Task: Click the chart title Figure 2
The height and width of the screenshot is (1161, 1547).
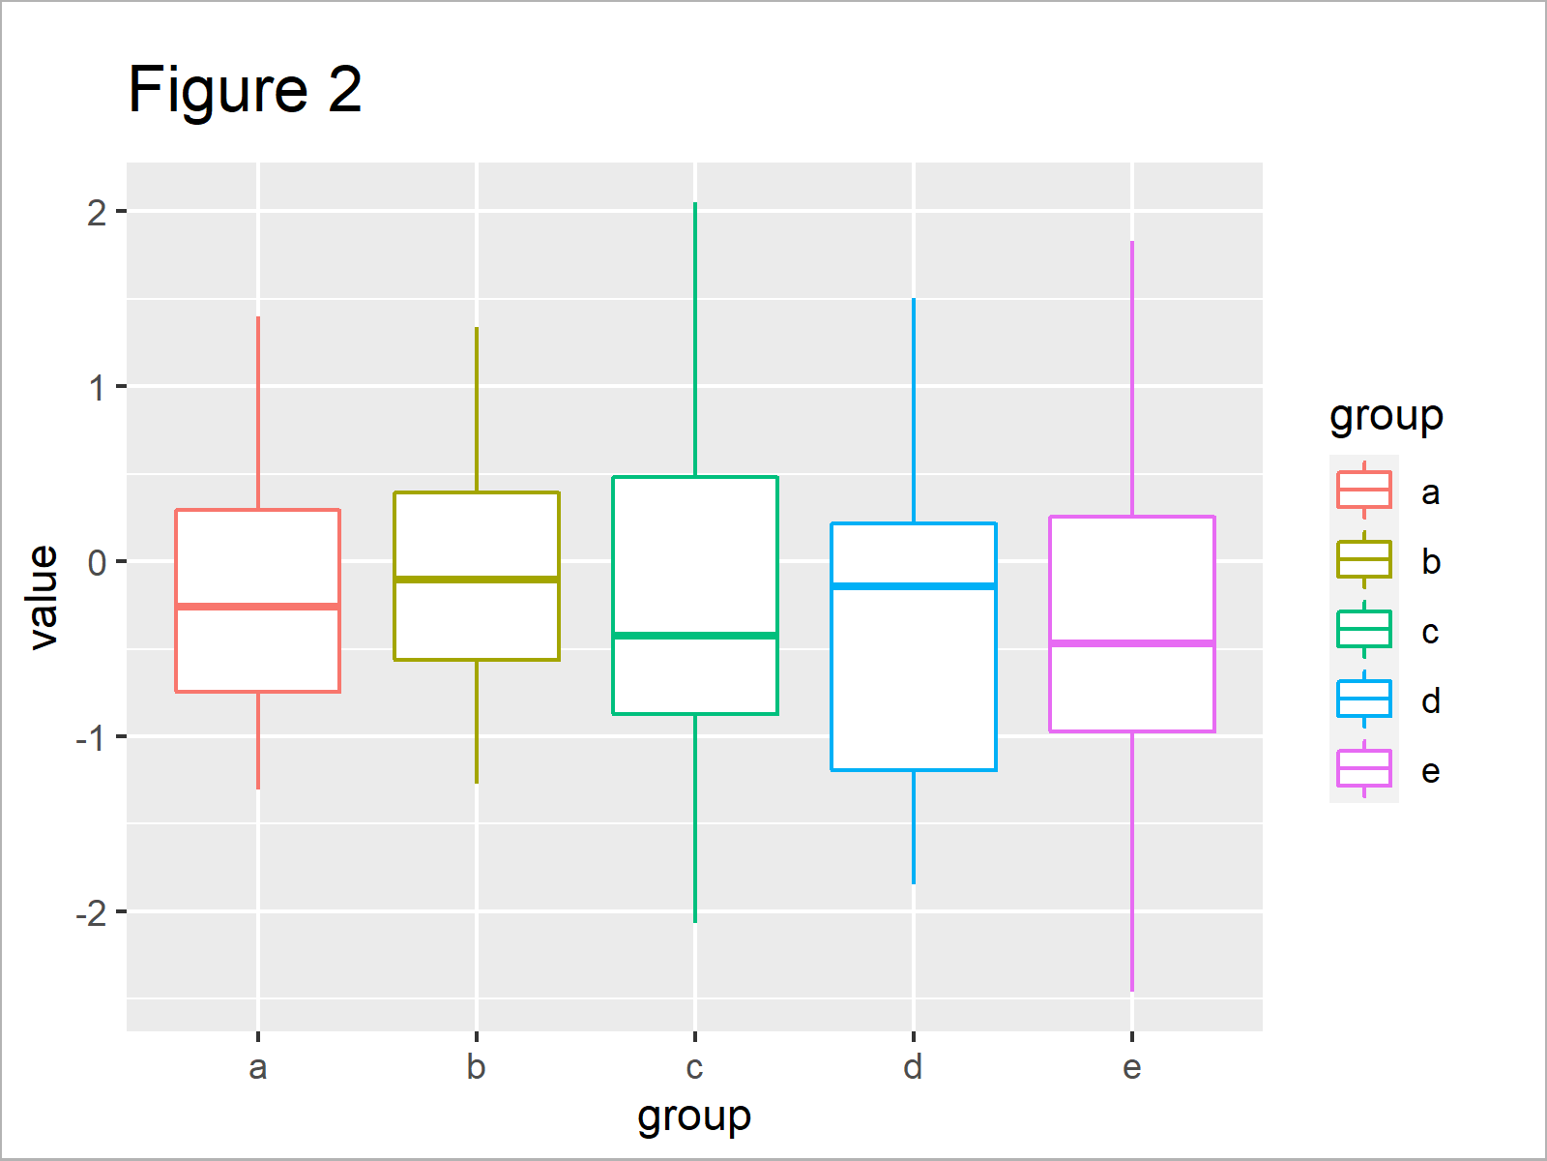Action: [245, 90]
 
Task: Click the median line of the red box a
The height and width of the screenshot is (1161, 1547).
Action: [257, 607]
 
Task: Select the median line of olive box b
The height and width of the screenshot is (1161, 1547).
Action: [477, 579]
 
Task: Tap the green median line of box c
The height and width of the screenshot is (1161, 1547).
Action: [695, 636]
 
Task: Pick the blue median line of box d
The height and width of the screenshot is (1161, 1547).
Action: [914, 586]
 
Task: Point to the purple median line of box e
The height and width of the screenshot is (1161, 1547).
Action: [1132, 643]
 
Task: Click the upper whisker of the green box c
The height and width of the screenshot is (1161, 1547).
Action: [695, 339]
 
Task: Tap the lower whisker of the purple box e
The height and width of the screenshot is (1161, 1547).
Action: [1132, 861]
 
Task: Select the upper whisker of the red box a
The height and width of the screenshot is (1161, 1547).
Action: [258, 411]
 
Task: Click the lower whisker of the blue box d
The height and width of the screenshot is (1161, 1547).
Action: [914, 827]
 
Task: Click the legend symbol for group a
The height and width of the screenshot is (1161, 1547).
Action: [1364, 491]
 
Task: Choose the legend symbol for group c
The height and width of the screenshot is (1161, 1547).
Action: [1364, 630]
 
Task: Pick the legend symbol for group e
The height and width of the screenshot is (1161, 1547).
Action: [1364, 769]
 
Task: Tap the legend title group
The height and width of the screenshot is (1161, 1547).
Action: [1386, 417]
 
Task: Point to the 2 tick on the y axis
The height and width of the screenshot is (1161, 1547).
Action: [97, 212]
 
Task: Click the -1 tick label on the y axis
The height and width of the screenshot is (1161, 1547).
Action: [93, 737]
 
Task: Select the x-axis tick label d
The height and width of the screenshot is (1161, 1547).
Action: [913, 1068]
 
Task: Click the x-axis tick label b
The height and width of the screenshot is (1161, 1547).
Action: [476, 1068]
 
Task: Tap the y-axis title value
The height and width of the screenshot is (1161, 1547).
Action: [44, 596]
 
